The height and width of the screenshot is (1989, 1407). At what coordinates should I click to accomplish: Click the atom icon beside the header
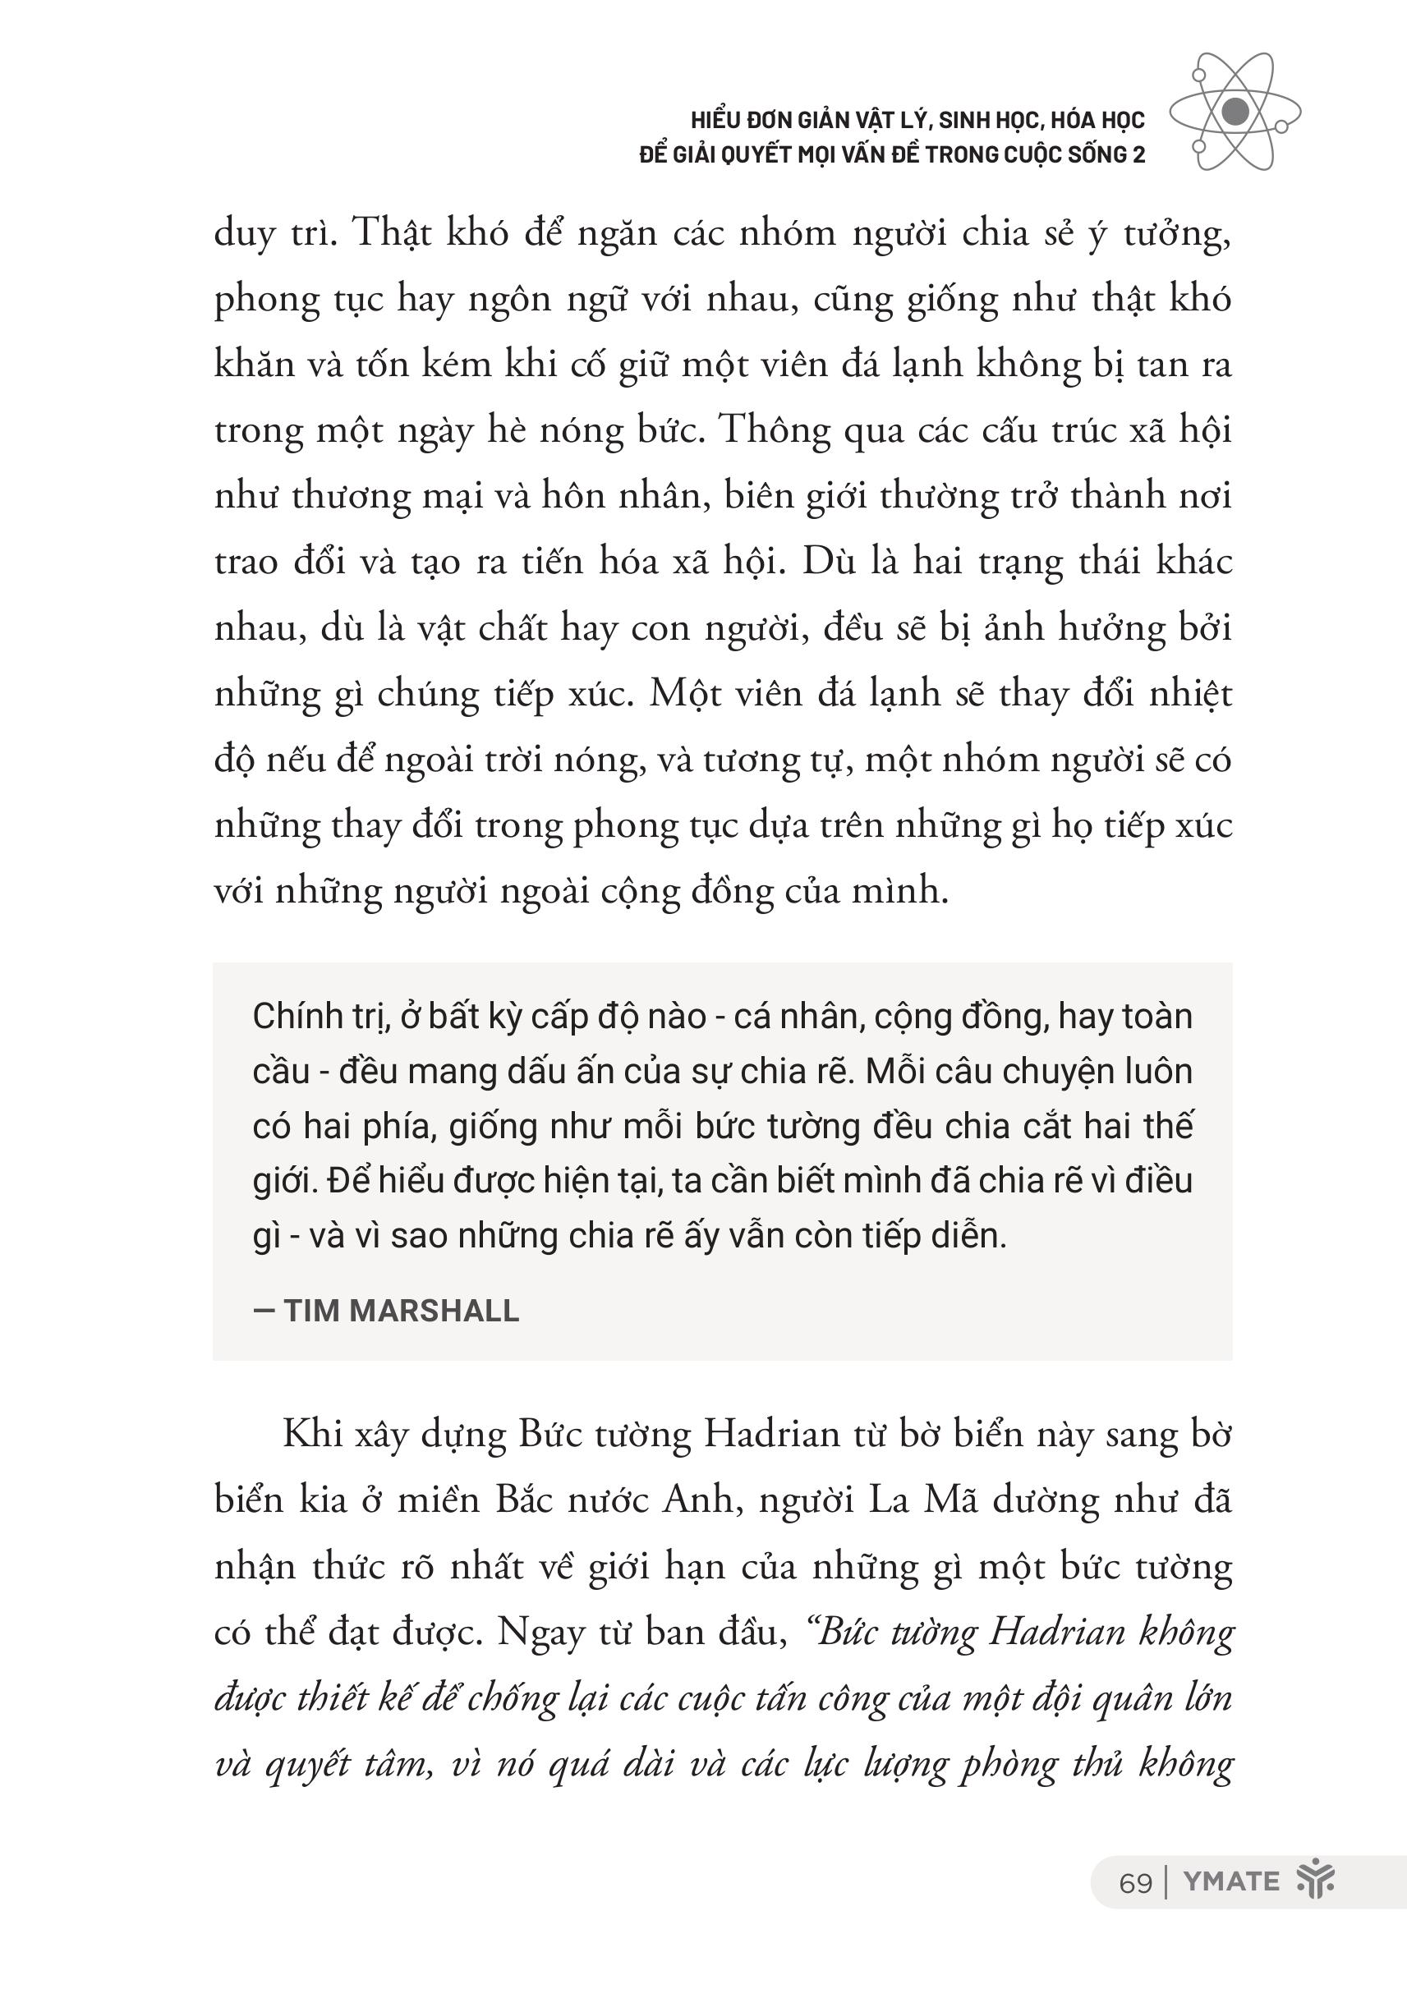[1235, 111]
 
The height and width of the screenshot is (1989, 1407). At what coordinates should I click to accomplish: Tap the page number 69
[1135, 1883]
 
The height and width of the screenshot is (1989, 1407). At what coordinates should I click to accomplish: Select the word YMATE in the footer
[1230, 1881]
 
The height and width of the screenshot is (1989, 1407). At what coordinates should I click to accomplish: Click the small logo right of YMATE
[1314, 1880]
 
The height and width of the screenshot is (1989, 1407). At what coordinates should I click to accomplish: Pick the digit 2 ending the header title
[1138, 155]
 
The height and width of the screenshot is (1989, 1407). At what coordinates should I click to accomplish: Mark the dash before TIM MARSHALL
[264, 1311]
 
